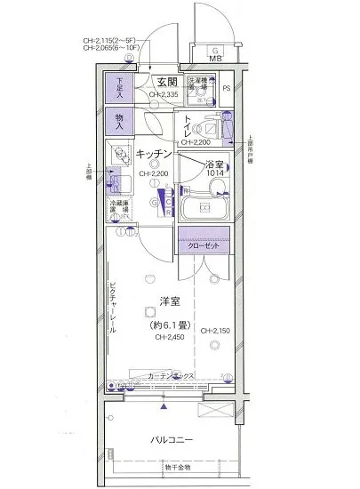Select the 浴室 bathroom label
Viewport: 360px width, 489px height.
coord(213,164)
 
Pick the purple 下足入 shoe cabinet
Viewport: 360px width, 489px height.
coord(119,88)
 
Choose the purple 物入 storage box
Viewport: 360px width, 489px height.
coord(119,122)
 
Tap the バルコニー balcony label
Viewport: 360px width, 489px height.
coord(168,439)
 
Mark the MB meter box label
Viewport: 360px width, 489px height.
coord(214,60)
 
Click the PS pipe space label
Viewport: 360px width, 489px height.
coord(226,88)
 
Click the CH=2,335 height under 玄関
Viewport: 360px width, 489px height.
coord(165,93)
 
